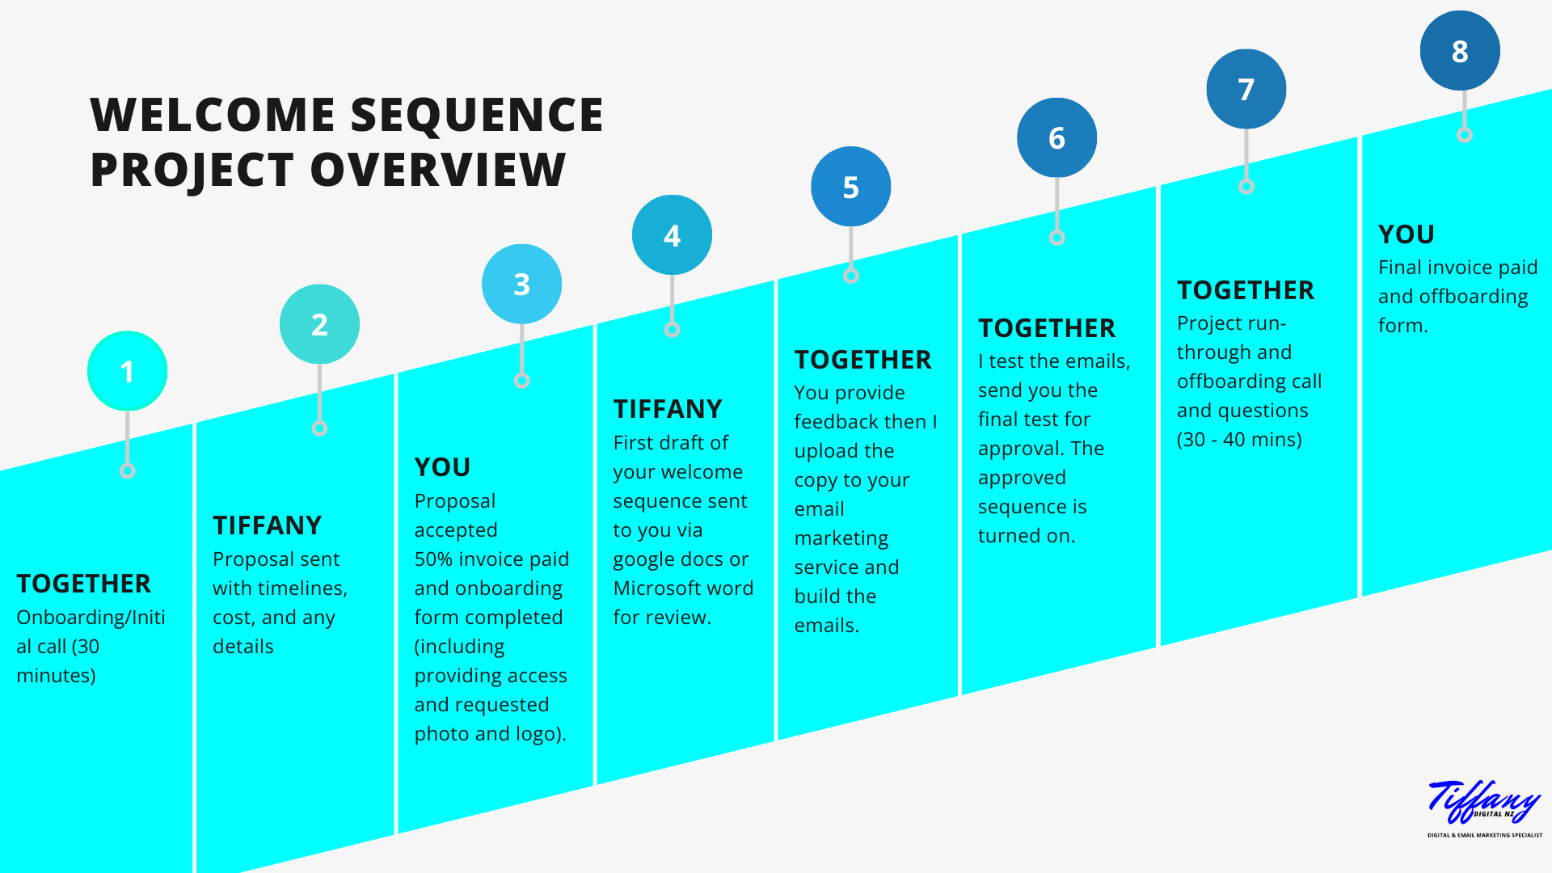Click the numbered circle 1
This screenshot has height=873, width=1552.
(127, 371)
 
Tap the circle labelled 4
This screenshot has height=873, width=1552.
(672, 235)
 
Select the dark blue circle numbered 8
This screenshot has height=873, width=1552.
(1459, 51)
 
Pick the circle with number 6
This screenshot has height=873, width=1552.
(1056, 138)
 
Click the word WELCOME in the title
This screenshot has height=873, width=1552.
(212, 115)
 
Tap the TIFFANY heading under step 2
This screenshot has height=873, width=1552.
(267, 525)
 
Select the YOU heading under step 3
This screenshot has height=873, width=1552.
(442, 467)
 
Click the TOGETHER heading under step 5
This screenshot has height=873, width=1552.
(862, 360)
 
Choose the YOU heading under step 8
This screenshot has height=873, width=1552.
(1406, 234)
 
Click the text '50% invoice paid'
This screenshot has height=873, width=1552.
(491, 559)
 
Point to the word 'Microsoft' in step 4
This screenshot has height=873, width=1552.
(656, 588)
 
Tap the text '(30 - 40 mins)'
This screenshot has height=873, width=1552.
(1239, 440)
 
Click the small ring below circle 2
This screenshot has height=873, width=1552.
(319, 428)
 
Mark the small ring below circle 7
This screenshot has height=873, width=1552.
(1246, 187)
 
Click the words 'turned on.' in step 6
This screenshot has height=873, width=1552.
(1026, 536)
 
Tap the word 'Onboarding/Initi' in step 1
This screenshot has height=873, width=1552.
(91, 618)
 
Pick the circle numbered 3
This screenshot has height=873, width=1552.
(521, 284)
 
